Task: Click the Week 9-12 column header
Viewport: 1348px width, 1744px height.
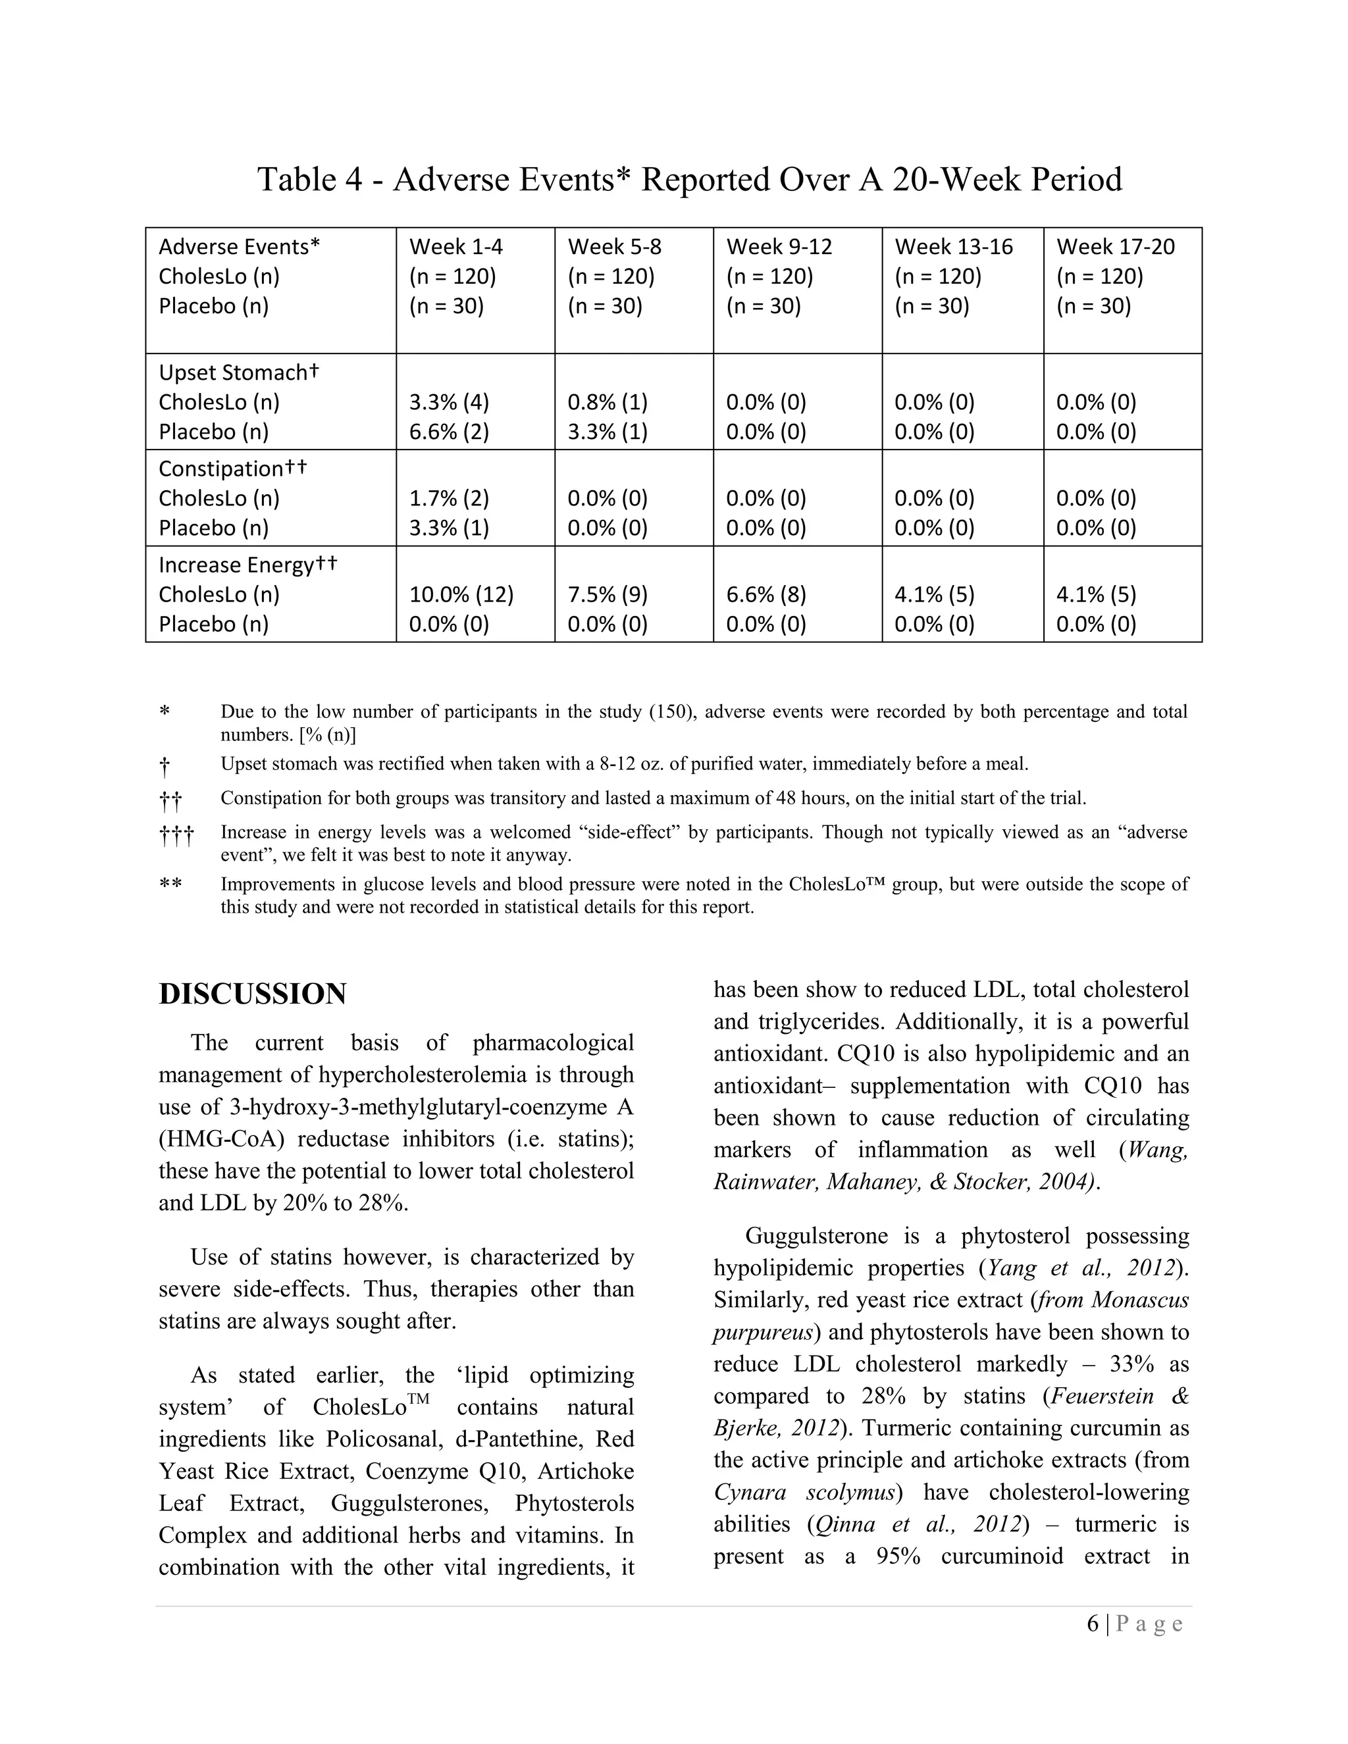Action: tap(779, 247)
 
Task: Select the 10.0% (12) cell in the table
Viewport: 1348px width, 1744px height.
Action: tap(461, 595)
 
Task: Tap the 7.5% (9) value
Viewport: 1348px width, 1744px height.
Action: tap(607, 595)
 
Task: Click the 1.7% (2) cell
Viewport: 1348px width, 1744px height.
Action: tap(449, 498)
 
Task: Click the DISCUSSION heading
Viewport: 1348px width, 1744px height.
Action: tap(252, 994)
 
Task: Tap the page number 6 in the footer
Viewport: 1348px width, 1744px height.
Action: tap(1093, 1624)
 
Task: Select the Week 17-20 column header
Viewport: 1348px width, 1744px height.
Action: tap(1115, 247)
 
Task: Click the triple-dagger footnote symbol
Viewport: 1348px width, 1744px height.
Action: tap(176, 836)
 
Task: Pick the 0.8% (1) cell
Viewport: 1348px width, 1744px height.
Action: tap(607, 403)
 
